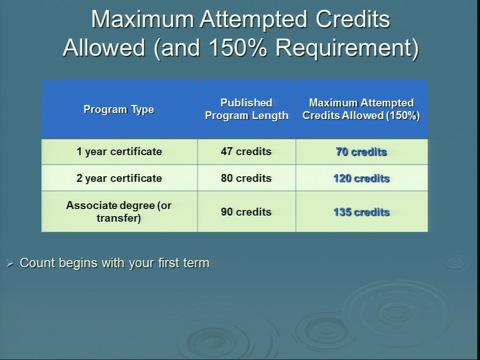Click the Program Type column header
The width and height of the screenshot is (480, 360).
tap(119, 110)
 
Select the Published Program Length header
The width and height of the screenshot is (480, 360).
tap(247, 109)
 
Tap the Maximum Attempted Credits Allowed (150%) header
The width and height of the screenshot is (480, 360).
tap(361, 109)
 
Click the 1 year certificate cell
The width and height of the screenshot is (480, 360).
tap(119, 151)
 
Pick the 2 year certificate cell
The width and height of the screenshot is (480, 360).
tap(119, 178)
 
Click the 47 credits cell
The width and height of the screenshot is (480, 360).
tap(246, 151)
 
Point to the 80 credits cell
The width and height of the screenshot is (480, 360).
tap(246, 178)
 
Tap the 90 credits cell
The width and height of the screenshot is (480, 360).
tap(246, 212)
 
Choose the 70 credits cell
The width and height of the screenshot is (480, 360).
tap(361, 151)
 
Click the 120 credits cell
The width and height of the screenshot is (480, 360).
tap(361, 178)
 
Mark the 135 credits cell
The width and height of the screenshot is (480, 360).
tap(361, 212)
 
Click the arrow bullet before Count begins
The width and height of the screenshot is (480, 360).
tap(10, 263)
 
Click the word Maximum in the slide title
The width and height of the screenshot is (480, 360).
tap(142, 19)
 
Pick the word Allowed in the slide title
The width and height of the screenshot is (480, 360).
tap(104, 48)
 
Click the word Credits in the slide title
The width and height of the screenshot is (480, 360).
tap(353, 19)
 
